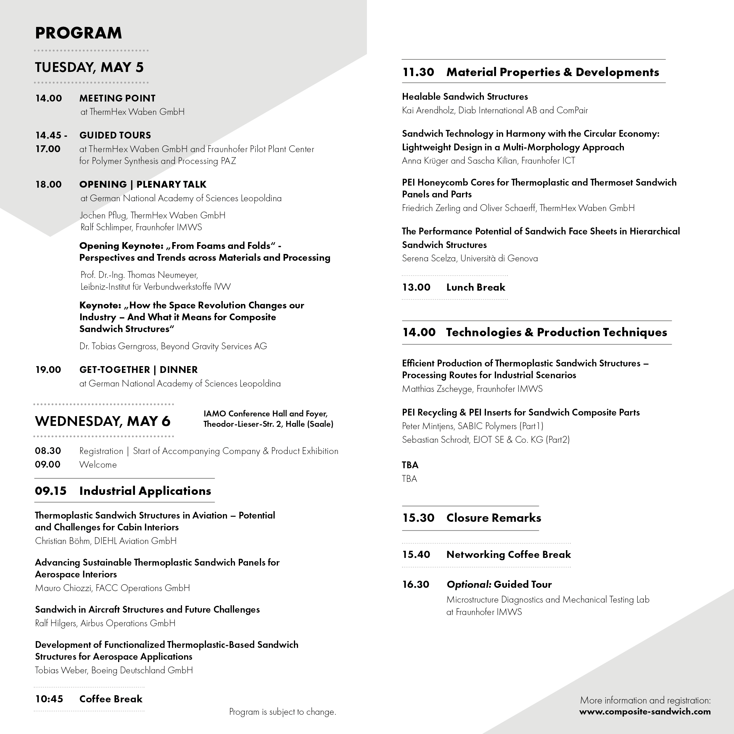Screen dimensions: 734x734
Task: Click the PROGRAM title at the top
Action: click(x=78, y=33)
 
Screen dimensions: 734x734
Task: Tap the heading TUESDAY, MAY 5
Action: click(x=89, y=67)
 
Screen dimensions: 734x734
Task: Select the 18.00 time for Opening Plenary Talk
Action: click(x=48, y=185)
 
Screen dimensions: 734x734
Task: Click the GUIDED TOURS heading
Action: click(x=115, y=135)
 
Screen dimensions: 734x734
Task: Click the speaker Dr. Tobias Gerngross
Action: click(x=118, y=346)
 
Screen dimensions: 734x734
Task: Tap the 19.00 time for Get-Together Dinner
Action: click(x=48, y=370)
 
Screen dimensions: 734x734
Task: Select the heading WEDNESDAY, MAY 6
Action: click(x=103, y=421)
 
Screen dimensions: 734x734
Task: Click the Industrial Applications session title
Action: click(x=145, y=491)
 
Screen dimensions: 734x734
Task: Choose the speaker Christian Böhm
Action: click(x=63, y=541)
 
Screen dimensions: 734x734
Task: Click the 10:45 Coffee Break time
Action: click(x=49, y=699)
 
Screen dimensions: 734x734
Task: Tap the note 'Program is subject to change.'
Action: click(x=282, y=712)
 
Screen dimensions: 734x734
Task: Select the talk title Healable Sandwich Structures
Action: click(x=465, y=96)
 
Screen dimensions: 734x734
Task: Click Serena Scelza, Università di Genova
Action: click(x=470, y=258)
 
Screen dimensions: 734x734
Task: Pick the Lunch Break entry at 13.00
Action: click(x=475, y=287)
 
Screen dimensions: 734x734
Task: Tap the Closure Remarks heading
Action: click(x=493, y=518)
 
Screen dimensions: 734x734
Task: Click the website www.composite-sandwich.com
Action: click(x=645, y=712)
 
